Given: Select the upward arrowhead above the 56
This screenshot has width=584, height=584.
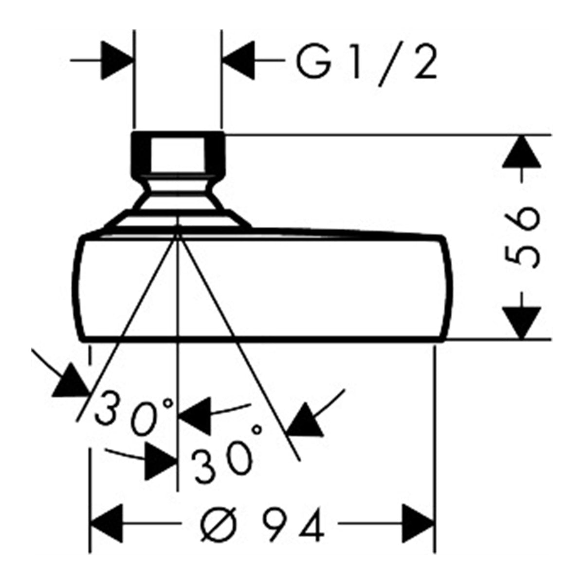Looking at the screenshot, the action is click(521, 151).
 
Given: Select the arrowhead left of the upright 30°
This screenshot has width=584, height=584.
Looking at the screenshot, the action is click(161, 462).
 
